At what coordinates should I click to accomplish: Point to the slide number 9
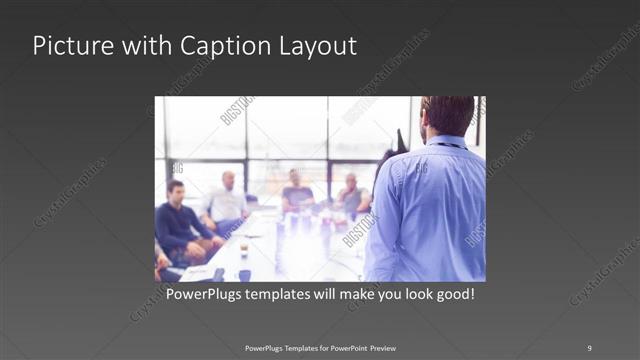pyautogui.click(x=589, y=348)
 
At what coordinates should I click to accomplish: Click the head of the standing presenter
pyautogui.click(x=447, y=116)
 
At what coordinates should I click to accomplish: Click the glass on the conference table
pyautogui.click(x=244, y=248)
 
